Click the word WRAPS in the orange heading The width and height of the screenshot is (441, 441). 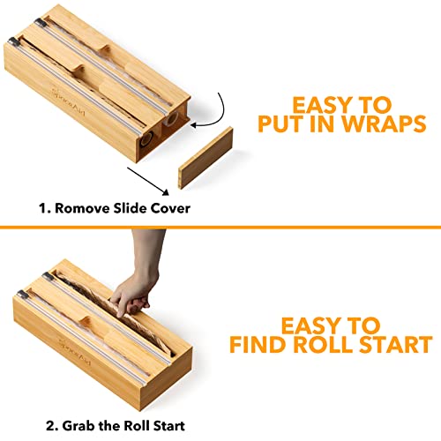click(x=384, y=124)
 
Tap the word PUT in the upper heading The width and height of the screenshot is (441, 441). click(x=281, y=124)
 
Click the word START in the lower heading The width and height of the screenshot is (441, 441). click(x=396, y=344)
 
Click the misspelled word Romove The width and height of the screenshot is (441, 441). click(x=82, y=208)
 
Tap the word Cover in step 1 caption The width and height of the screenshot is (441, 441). click(x=170, y=208)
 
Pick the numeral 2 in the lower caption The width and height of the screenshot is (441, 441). click(x=49, y=426)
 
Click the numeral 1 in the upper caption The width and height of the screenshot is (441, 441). click(x=42, y=208)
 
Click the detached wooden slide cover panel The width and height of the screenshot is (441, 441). click(x=206, y=158)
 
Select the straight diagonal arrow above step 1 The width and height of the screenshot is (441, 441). click(x=148, y=181)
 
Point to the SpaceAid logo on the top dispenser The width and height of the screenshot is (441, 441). click(x=68, y=102)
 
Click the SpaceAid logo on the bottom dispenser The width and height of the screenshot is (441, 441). click(x=75, y=352)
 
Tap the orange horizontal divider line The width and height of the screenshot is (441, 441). click(x=220, y=227)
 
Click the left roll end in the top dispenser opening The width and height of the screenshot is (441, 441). click(x=146, y=138)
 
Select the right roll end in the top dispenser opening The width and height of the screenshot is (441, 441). click(x=171, y=118)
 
